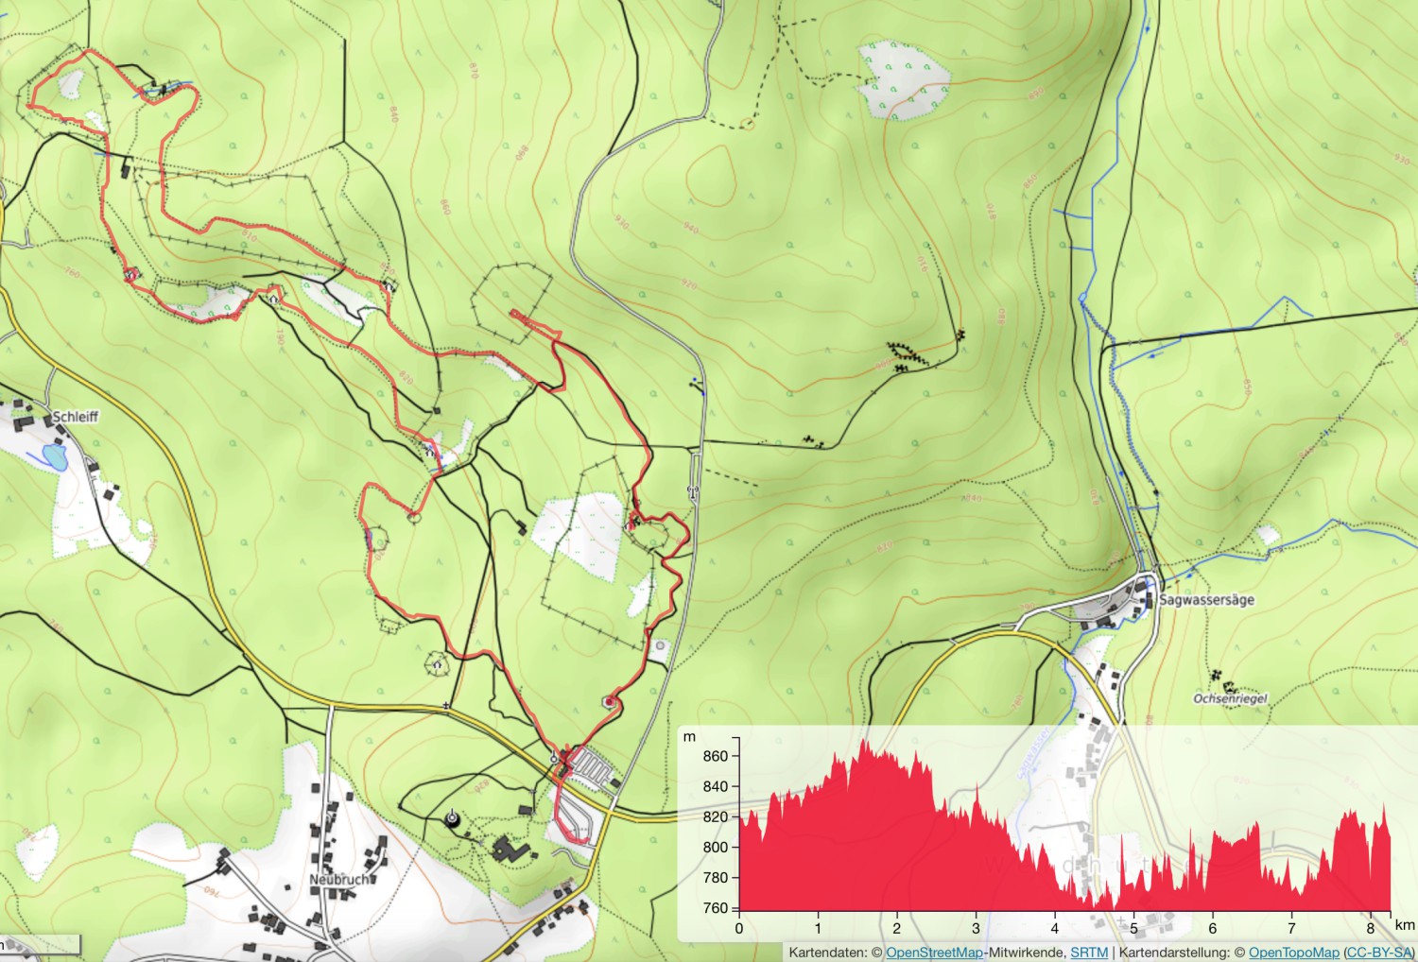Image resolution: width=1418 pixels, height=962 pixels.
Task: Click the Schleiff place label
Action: pos(75,416)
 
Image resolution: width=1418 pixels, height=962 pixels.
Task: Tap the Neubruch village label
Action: pos(337,879)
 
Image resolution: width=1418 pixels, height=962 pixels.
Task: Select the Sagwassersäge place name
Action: pos(1206,599)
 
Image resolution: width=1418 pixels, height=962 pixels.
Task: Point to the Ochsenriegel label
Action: pos(1230,699)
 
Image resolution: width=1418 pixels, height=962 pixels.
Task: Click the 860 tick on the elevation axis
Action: pos(716,756)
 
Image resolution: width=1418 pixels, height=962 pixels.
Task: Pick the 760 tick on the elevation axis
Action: pos(716,908)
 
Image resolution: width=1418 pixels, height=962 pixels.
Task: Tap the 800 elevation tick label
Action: pos(716,848)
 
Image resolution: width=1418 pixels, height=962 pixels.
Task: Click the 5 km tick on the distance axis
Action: pos(1133,929)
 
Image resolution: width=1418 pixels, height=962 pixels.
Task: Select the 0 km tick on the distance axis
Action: pos(739,929)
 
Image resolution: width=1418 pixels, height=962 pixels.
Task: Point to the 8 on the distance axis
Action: pos(1370,929)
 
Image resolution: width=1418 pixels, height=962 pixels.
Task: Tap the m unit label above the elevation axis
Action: pos(690,736)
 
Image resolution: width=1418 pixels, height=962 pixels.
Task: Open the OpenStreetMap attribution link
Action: pos(934,953)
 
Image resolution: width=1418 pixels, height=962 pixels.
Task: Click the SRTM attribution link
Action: pos(1089,953)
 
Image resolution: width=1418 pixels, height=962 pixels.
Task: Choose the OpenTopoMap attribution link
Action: pos(1293,953)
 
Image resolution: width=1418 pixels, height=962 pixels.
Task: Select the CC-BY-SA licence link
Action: pos(1378,953)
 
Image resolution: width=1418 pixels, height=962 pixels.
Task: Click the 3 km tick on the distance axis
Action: pos(976,929)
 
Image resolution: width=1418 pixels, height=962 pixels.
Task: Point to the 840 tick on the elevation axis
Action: pos(716,786)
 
